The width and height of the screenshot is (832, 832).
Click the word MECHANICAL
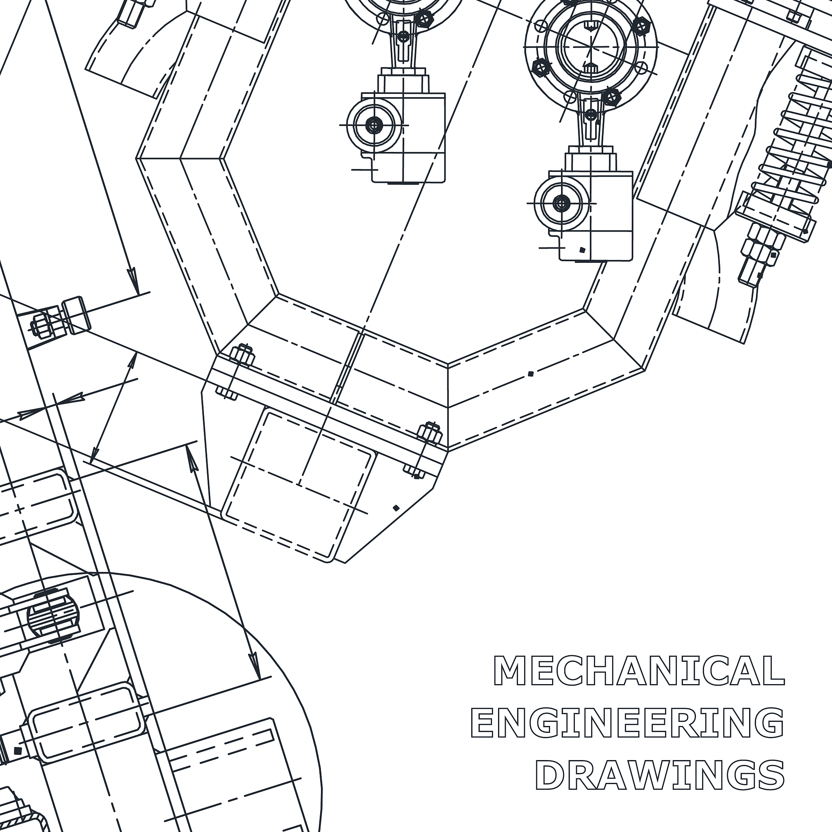pyautogui.click(x=639, y=670)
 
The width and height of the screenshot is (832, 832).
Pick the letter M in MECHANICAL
pyautogui.click(x=510, y=670)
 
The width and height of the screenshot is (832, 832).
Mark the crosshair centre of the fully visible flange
pyautogui.click(x=591, y=46)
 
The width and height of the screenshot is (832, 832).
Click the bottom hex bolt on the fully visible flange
pyautogui.click(x=611, y=97)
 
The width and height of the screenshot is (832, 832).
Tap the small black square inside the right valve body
pyautogui.click(x=582, y=250)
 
